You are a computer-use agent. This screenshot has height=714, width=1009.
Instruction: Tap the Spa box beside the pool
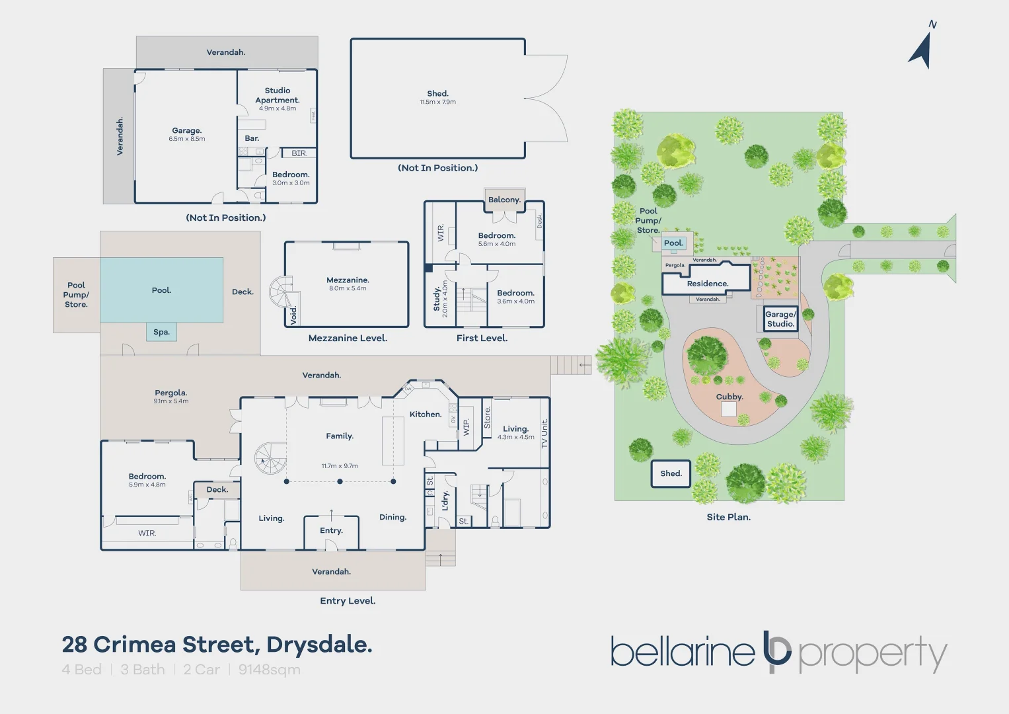coord(161,332)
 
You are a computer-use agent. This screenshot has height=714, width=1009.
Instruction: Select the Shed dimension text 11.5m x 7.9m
coord(437,102)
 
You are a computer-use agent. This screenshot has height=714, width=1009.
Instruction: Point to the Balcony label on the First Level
coord(504,200)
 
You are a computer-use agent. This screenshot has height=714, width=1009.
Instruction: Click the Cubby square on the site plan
coord(728,409)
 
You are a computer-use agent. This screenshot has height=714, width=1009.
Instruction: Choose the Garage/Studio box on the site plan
coord(780,319)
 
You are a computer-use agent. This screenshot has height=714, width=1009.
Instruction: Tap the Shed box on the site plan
coord(671,473)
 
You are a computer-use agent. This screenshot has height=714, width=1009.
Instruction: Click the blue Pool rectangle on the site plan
coord(673,243)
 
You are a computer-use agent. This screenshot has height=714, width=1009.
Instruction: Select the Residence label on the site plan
coord(707,284)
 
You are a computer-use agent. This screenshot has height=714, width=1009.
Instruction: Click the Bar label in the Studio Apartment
coord(252,138)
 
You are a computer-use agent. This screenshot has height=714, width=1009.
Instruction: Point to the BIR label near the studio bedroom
coord(299,153)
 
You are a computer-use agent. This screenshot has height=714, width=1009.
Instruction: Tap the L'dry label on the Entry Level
coord(445,500)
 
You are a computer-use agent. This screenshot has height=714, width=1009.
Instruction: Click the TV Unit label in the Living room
coord(544,434)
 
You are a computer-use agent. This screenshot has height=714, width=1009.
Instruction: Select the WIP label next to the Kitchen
coord(466,427)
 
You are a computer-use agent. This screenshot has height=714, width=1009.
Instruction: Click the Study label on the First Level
coord(437,299)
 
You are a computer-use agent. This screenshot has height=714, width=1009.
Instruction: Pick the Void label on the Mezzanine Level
coord(293,315)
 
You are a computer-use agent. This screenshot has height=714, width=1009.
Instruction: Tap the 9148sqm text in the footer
coord(269,670)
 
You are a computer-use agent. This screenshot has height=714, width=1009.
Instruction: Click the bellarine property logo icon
coord(776,652)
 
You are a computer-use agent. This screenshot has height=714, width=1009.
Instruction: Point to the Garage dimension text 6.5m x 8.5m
coord(187,139)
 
